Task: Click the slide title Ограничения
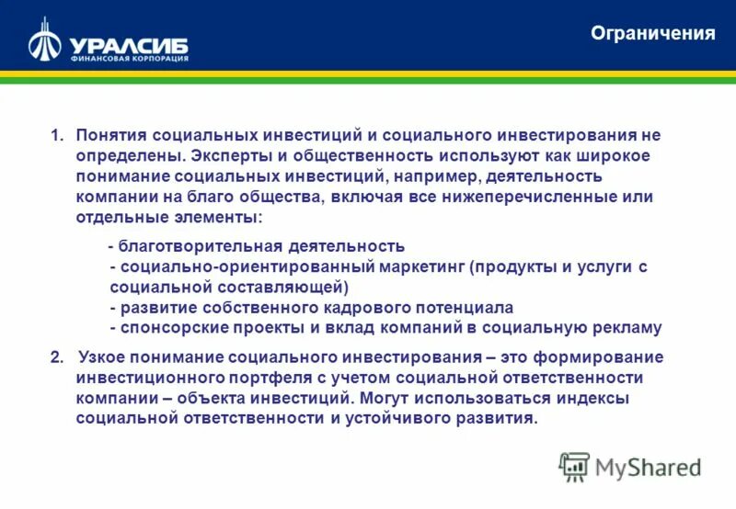click(x=652, y=34)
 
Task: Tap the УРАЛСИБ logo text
click(x=128, y=44)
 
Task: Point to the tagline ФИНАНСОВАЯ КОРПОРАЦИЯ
click(x=129, y=59)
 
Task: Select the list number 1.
click(x=56, y=135)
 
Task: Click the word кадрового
click(x=374, y=307)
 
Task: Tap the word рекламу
click(x=626, y=327)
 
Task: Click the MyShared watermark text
click(x=648, y=468)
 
